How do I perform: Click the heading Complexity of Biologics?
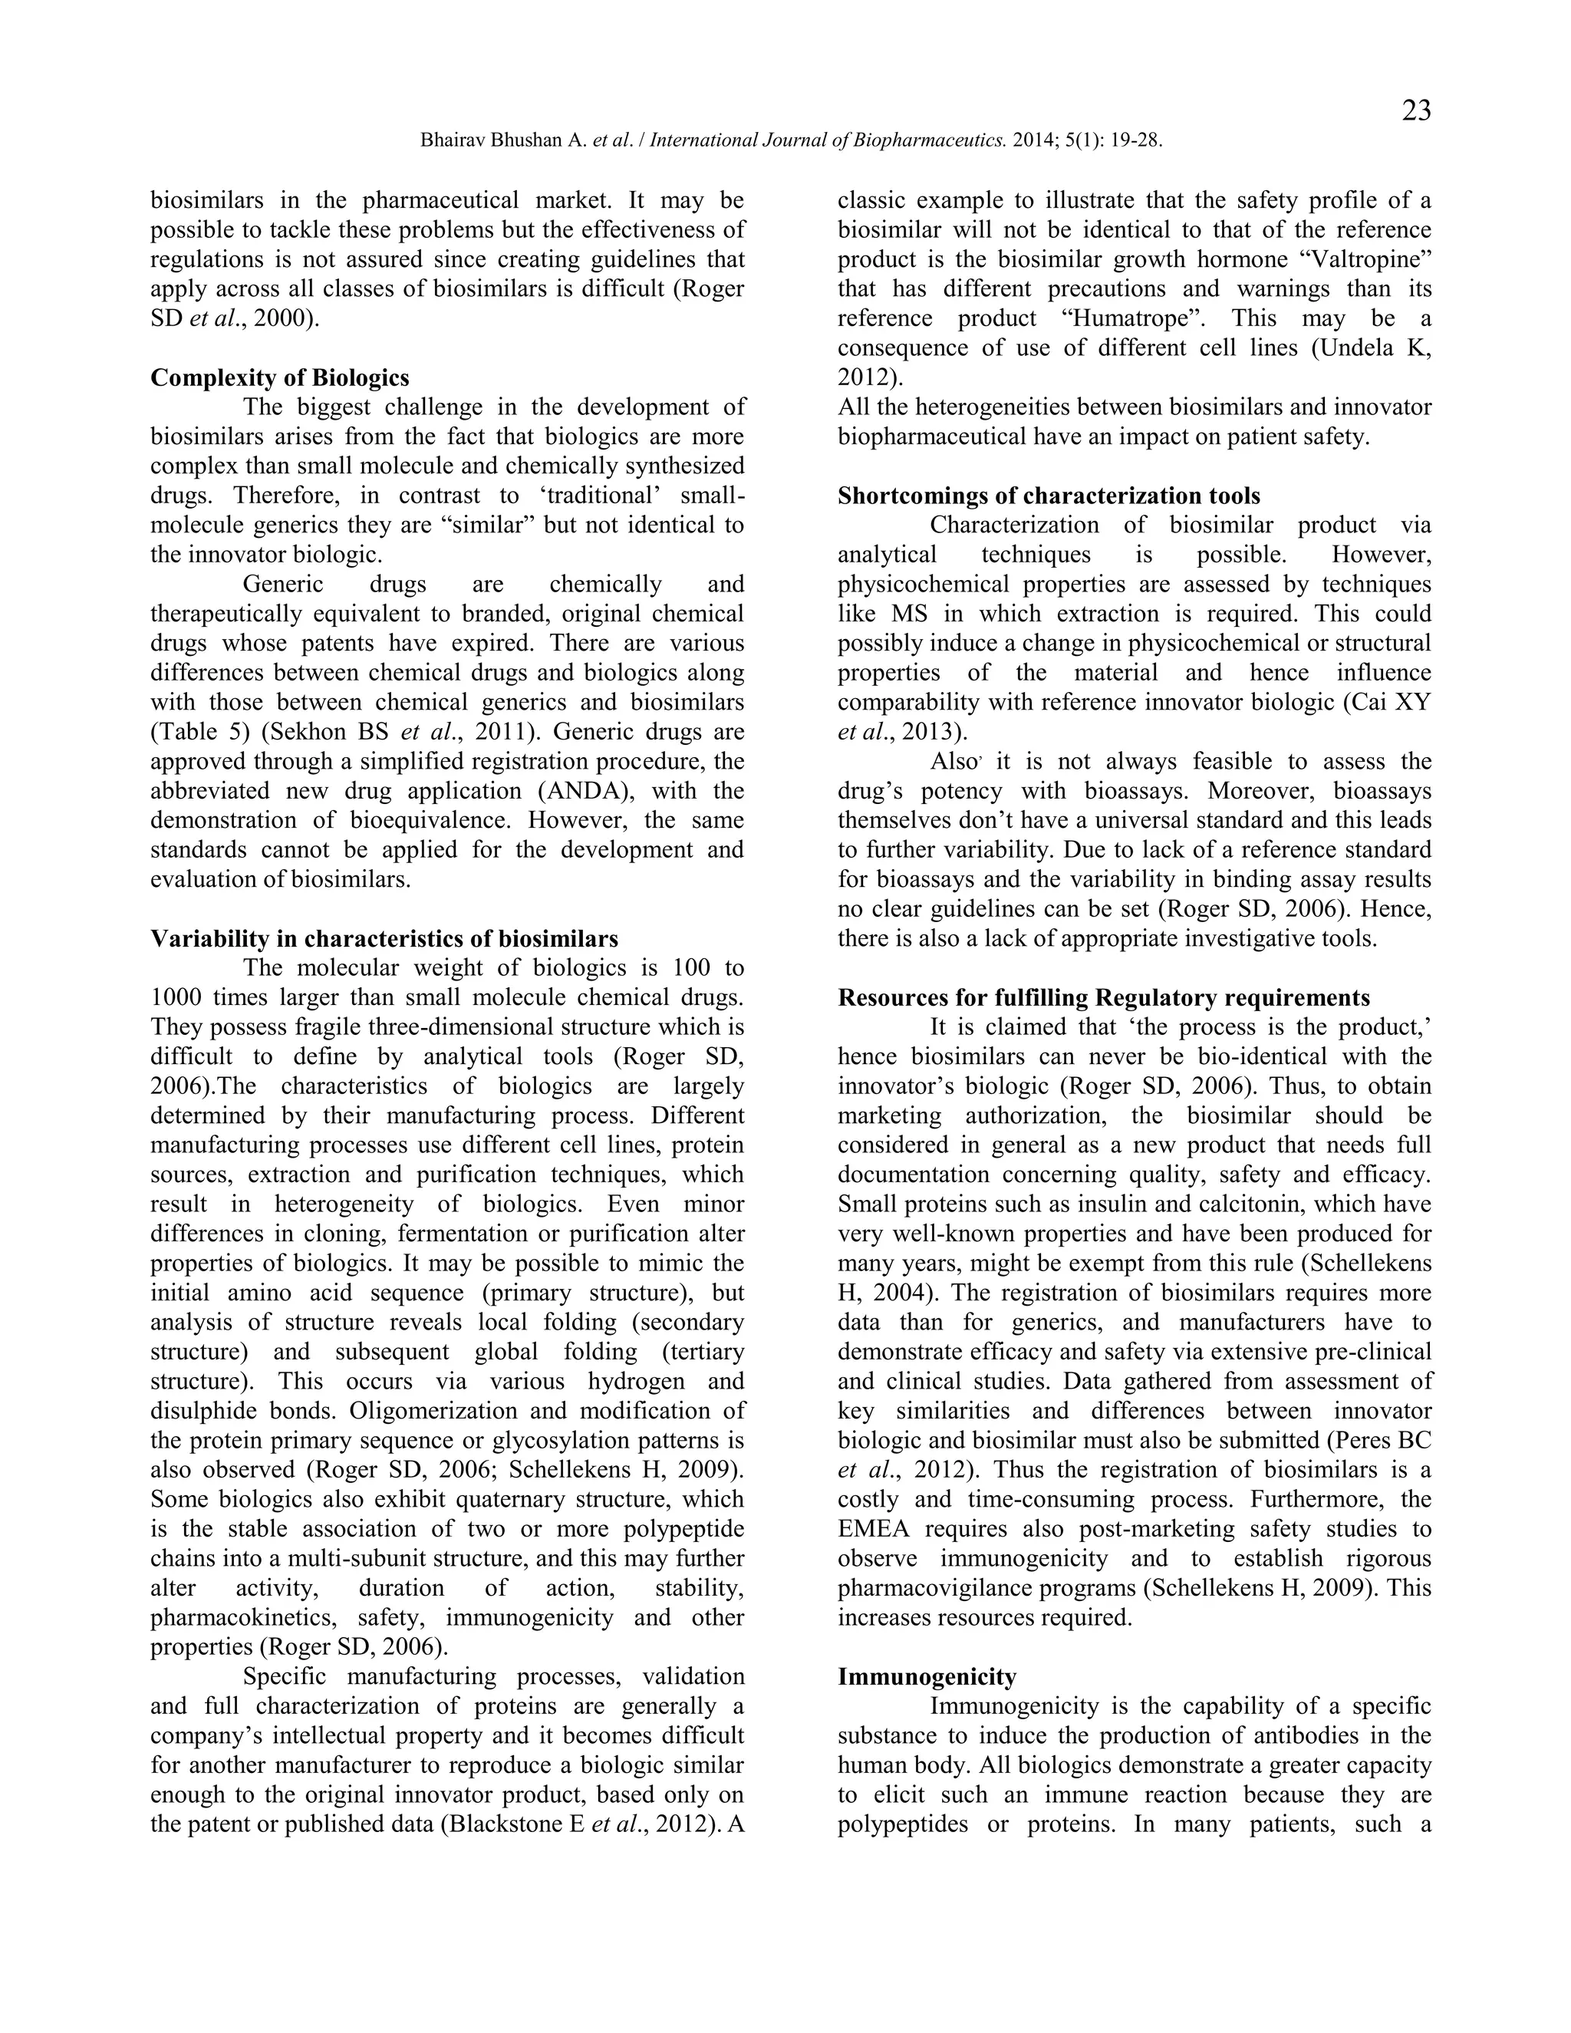click(x=279, y=378)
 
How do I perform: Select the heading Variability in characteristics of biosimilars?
click(x=384, y=938)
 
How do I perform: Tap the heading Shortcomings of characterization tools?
click(x=1049, y=496)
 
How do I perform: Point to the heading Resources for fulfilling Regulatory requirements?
click(x=1103, y=998)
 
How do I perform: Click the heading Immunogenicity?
click(x=926, y=1676)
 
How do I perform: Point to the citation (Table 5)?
click(x=191, y=732)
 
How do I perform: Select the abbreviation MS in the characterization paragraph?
click(x=901, y=615)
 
